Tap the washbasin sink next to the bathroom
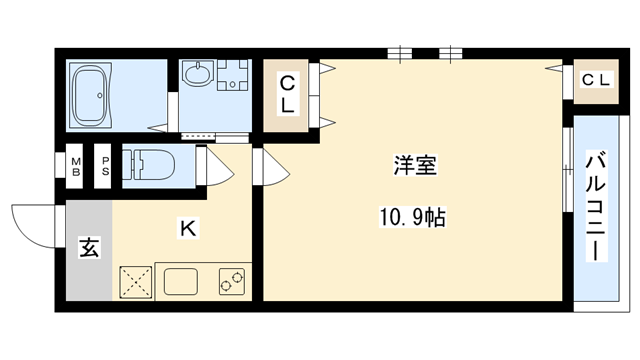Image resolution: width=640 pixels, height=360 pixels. pyautogui.click(x=198, y=77)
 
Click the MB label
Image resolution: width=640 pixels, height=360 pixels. pyautogui.click(x=76, y=164)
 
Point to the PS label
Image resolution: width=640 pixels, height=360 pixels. pyautogui.click(x=103, y=164)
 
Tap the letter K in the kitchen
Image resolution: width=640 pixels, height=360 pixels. pyautogui.click(x=186, y=229)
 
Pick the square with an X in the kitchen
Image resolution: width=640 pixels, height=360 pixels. pyautogui.click(x=134, y=281)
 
